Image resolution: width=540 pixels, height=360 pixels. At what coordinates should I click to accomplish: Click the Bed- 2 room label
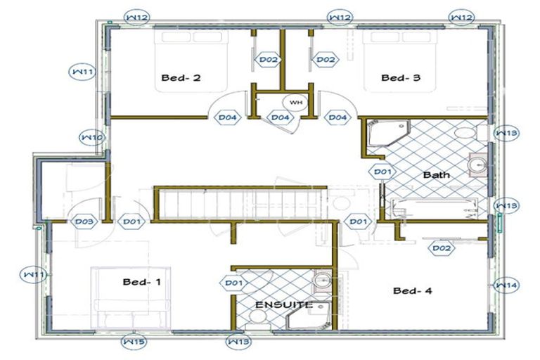(x=181, y=78)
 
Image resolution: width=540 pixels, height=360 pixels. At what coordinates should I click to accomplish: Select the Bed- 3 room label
(x=401, y=78)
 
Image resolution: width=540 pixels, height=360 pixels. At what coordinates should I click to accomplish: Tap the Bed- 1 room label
(x=142, y=282)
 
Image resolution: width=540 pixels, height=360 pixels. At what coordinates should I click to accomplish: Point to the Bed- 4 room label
(x=413, y=290)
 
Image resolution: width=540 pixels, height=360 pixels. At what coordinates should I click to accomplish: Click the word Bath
(x=436, y=174)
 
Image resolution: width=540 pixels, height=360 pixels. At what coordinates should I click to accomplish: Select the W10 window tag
(x=92, y=137)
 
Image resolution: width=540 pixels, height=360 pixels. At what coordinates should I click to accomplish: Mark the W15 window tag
(x=134, y=342)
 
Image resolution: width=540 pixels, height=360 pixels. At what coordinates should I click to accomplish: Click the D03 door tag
(x=84, y=222)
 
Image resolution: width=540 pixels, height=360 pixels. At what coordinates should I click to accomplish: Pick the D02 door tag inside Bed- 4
(x=442, y=247)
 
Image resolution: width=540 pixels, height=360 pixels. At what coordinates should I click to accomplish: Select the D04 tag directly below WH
(x=280, y=117)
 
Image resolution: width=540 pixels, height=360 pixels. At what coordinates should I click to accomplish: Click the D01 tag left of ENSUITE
(x=233, y=283)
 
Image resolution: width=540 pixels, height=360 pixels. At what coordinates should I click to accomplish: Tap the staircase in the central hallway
(x=239, y=204)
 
